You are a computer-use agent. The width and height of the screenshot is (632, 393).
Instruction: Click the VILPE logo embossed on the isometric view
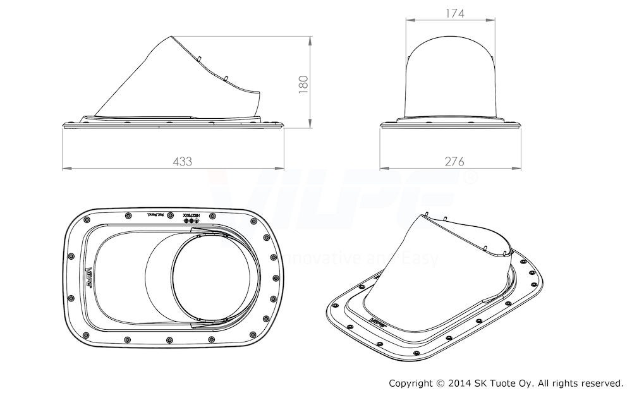[379, 321]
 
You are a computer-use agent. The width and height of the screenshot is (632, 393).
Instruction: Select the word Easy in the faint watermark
[420, 258]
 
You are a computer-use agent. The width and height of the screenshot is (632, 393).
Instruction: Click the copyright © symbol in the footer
[439, 383]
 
